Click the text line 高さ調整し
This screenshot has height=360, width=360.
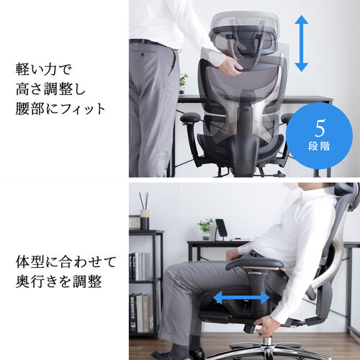pyautogui.click(x=50, y=90)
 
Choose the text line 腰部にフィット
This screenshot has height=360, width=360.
pyautogui.click(x=60, y=110)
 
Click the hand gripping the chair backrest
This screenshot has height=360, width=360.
pyautogui.click(x=230, y=66)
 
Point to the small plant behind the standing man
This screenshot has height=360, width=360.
pyautogui.click(x=184, y=81)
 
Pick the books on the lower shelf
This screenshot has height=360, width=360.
pyautogui.click(x=143, y=310)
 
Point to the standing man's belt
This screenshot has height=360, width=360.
pyautogui.click(x=152, y=42)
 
